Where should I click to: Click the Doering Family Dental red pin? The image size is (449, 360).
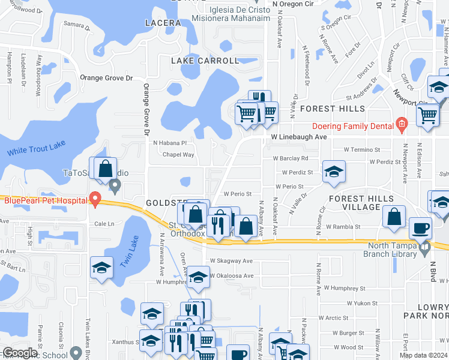click(x=402, y=126)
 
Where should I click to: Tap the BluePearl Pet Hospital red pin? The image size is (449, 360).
click(x=94, y=199)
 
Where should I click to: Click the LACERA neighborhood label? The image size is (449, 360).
click(x=163, y=23)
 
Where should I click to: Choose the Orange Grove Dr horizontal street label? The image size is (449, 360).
click(x=106, y=78)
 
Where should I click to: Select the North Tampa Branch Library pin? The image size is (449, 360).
click(x=425, y=246)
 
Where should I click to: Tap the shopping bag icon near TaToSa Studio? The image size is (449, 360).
click(x=106, y=168)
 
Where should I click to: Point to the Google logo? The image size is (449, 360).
click(x=20, y=353)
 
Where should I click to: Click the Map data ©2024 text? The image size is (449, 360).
click(x=422, y=355)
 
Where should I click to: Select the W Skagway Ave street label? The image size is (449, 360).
click(x=231, y=261)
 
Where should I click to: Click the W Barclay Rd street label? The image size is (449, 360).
click(x=291, y=158)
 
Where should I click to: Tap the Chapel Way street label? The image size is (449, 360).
click(x=178, y=155)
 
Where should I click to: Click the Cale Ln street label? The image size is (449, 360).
click(x=104, y=224)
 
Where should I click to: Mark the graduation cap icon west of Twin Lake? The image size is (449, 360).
click(x=101, y=268)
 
